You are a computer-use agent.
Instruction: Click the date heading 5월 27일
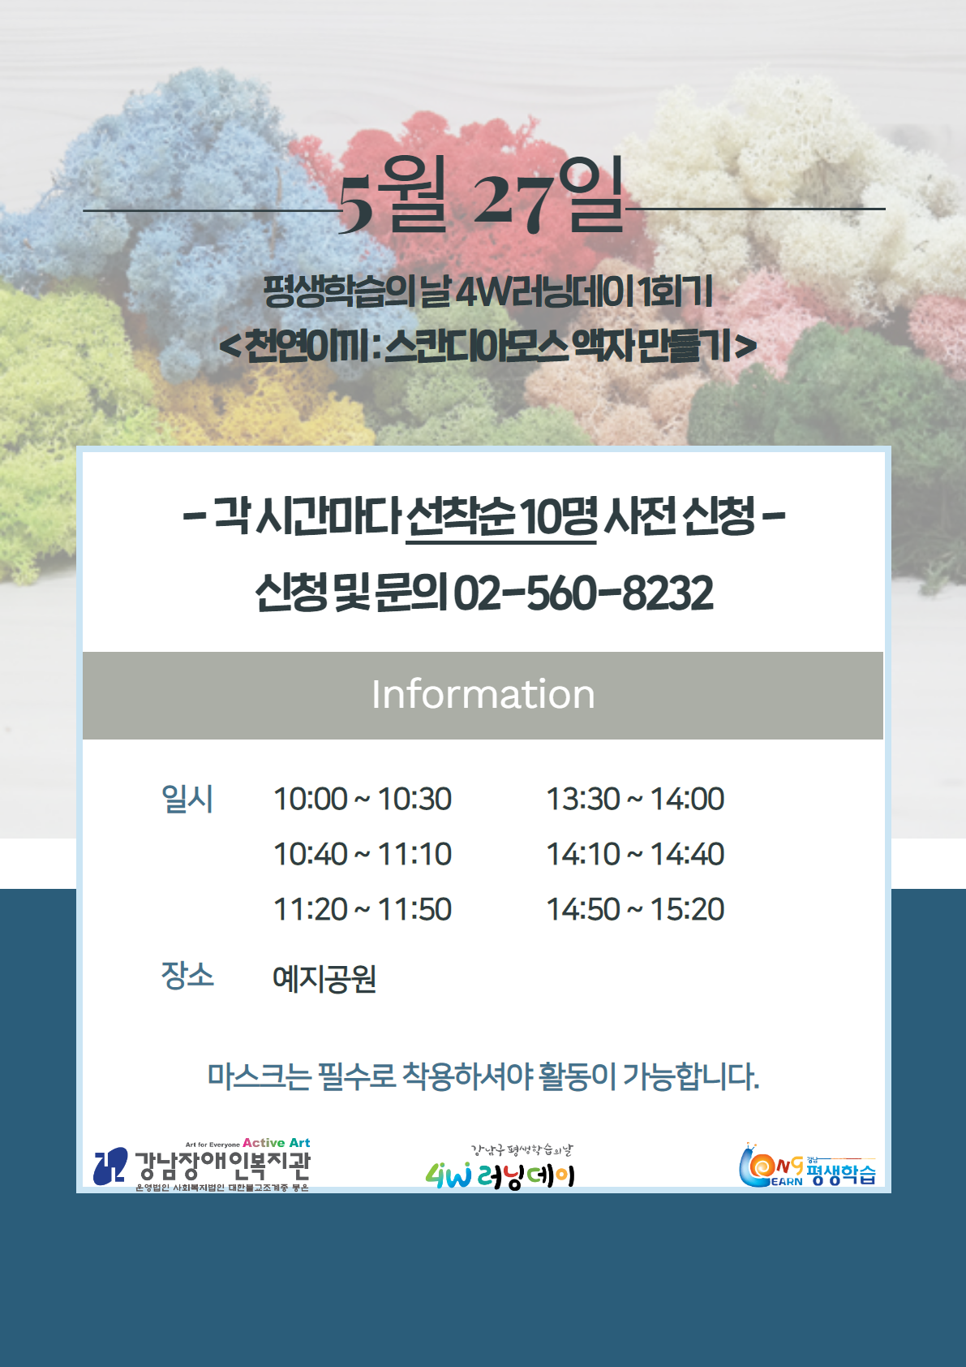point(481,195)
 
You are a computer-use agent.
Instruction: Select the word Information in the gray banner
point(483,695)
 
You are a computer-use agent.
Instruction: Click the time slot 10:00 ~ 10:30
point(363,799)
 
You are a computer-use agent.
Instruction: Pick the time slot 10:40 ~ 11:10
point(363,854)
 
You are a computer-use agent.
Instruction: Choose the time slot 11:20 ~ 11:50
point(363,908)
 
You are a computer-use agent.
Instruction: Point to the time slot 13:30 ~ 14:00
point(635,799)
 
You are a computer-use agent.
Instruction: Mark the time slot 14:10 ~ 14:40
point(635,854)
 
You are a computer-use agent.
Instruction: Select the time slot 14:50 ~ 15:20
point(635,908)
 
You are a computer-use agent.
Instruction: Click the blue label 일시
point(187,799)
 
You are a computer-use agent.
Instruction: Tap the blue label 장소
point(187,975)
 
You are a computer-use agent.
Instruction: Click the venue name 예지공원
point(324,979)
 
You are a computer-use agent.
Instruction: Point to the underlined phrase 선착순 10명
point(500,518)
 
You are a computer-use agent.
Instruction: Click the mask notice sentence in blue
point(483,1076)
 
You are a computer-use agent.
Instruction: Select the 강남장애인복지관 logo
point(202,1164)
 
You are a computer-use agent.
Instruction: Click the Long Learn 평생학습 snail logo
point(808,1165)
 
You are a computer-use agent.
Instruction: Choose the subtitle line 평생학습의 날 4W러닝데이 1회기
point(488,292)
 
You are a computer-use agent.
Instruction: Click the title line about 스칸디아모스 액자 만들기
point(488,347)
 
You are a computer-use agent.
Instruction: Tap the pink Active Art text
point(277,1142)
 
